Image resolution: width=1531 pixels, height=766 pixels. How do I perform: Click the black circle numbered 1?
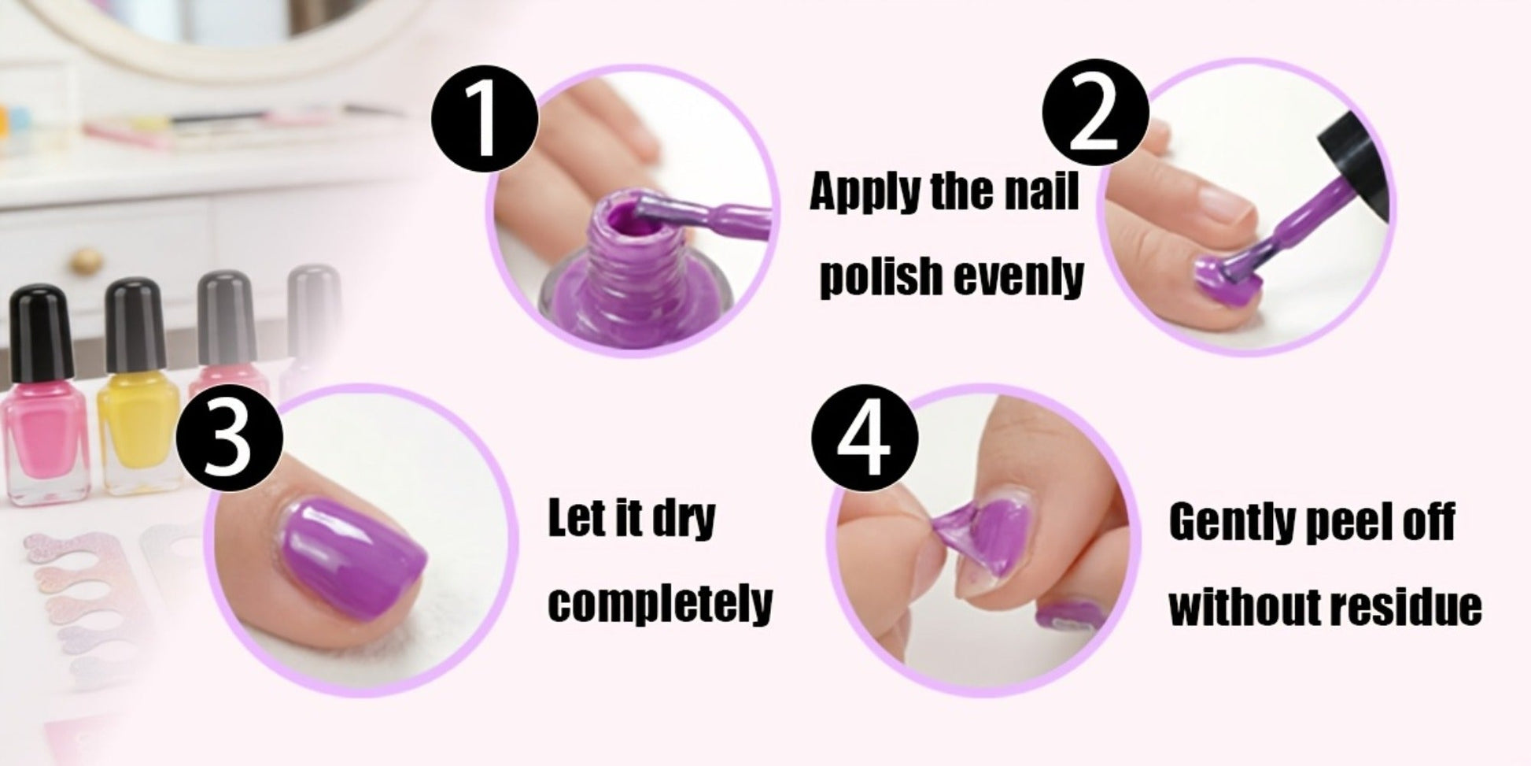[485, 120]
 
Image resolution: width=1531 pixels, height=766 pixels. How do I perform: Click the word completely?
[660, 603]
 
